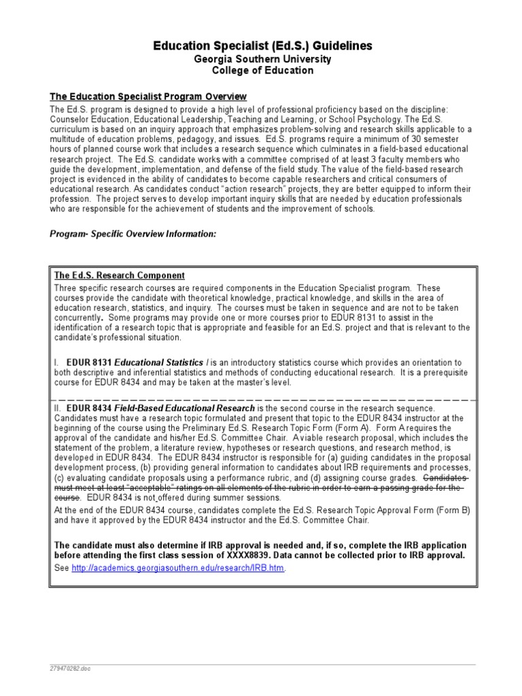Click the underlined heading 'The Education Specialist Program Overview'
(148, 97)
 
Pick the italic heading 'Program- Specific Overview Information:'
(133, 233)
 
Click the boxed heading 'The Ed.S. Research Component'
(119, 276)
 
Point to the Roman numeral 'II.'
(58, 408)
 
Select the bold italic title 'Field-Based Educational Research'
(184, 408)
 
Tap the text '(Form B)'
(452, 510)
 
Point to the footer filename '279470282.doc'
(70, 669)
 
